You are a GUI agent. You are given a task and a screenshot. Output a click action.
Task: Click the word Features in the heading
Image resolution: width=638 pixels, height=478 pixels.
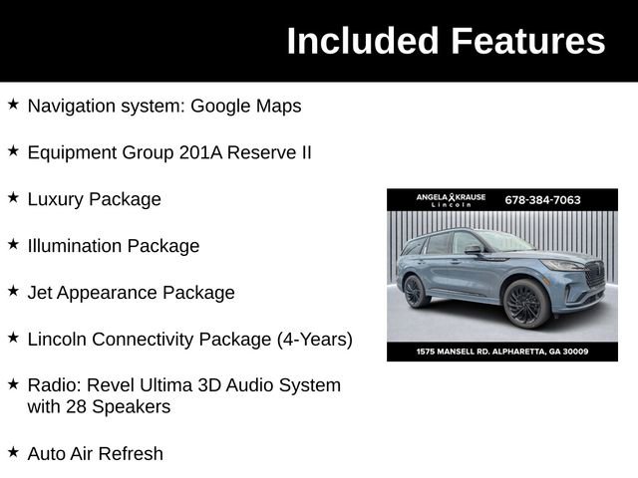[527, 41]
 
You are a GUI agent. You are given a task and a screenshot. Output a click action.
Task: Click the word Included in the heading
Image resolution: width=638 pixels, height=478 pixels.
[363, 41]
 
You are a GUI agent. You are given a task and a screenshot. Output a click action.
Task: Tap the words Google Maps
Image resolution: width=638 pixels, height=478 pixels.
[245, 106]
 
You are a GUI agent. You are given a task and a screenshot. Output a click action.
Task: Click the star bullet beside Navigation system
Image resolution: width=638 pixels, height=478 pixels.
[13, 104]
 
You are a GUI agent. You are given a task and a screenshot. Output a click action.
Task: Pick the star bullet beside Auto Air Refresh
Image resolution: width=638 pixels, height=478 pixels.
[13, 451]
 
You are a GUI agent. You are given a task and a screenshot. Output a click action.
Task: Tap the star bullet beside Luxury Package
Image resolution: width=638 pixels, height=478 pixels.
[13, 197]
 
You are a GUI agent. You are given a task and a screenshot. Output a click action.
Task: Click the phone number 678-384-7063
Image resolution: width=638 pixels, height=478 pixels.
[542, 199]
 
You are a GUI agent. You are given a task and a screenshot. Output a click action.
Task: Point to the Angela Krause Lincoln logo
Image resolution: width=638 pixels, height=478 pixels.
[451, 199]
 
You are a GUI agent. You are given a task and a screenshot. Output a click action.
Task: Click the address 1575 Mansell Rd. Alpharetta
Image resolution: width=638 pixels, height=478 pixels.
[501, 352]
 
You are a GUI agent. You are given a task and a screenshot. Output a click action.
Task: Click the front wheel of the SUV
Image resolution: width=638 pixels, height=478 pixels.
[525, 303]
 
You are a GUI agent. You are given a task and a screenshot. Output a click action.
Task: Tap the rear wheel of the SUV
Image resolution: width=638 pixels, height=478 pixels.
[415, 292]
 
